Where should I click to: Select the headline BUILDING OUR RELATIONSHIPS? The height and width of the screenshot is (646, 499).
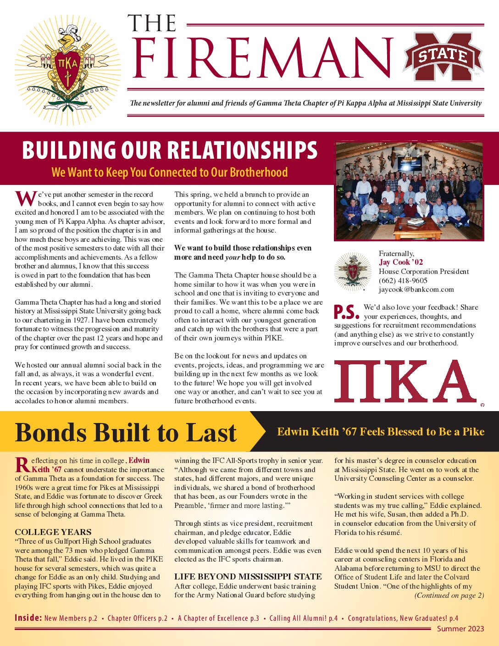[170, 150]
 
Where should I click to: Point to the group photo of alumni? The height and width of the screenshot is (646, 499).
[409, 191]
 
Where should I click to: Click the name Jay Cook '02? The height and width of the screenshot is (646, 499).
[401, 262]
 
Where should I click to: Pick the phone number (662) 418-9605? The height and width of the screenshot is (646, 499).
[403, 280]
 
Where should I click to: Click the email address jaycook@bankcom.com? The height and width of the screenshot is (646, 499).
[416, 290]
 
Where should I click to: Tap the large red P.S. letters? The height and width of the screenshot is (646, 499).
[346, 312]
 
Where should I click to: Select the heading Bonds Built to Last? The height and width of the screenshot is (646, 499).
[126, 432]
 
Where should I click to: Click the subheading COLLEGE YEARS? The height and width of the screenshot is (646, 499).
[53, 532]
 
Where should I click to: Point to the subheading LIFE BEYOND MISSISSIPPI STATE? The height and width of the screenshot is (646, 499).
[248, 577]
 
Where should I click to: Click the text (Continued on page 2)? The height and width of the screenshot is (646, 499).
[449, 596]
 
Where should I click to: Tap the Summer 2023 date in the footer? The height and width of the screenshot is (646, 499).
[460, 629]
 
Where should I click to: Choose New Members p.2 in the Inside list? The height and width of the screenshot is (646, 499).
[71, 618]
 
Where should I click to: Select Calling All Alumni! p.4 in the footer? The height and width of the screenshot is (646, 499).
[303, 618]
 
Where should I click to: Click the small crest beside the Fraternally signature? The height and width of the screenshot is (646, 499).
[352, 272]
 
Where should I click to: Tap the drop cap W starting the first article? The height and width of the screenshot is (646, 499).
[25, 199]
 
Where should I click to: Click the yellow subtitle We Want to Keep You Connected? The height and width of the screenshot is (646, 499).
[170, 173]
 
